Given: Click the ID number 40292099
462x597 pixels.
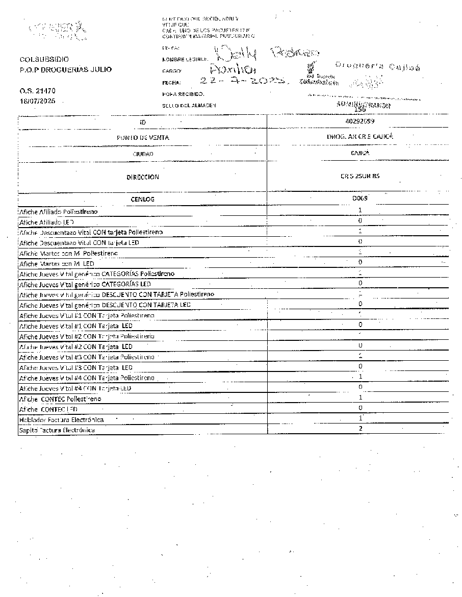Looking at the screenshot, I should (x=360, y=121).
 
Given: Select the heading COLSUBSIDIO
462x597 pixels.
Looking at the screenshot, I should (x=44, y=59).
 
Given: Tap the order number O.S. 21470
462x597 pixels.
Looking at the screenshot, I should (x=37, y=91).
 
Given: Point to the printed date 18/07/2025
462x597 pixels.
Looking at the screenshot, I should (x=37, y=101).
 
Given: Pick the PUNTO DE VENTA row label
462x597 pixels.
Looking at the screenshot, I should (x=143, y=137).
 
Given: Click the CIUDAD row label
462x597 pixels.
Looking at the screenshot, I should (x=143, y=154).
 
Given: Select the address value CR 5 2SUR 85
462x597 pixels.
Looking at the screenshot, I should (x=360, y=177).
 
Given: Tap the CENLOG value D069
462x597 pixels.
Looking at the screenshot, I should (x=360, y=198).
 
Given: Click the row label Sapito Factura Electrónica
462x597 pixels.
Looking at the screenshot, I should (x=57, y=430).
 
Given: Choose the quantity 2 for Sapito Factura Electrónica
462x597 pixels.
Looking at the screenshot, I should (x=360, y=429).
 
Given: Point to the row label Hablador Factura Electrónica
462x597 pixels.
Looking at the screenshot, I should (x=61, y=419).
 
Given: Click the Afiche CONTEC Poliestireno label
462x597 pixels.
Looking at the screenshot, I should (x=60, y=399).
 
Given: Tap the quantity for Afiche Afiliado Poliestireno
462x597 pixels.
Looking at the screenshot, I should (x=360, y=210).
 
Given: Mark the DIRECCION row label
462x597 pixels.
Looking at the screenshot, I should (x=143, y=177).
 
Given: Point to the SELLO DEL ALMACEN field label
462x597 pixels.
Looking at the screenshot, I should (x=189, y=105).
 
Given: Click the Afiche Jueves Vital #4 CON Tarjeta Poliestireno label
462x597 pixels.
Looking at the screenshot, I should (x=87, y=378).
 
